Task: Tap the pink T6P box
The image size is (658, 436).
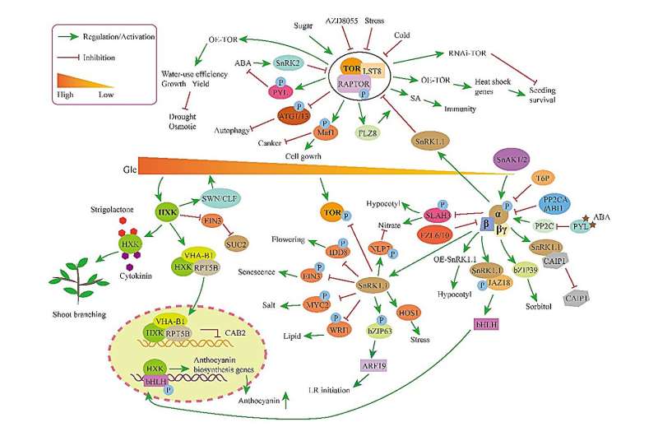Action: tap(541, 178)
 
